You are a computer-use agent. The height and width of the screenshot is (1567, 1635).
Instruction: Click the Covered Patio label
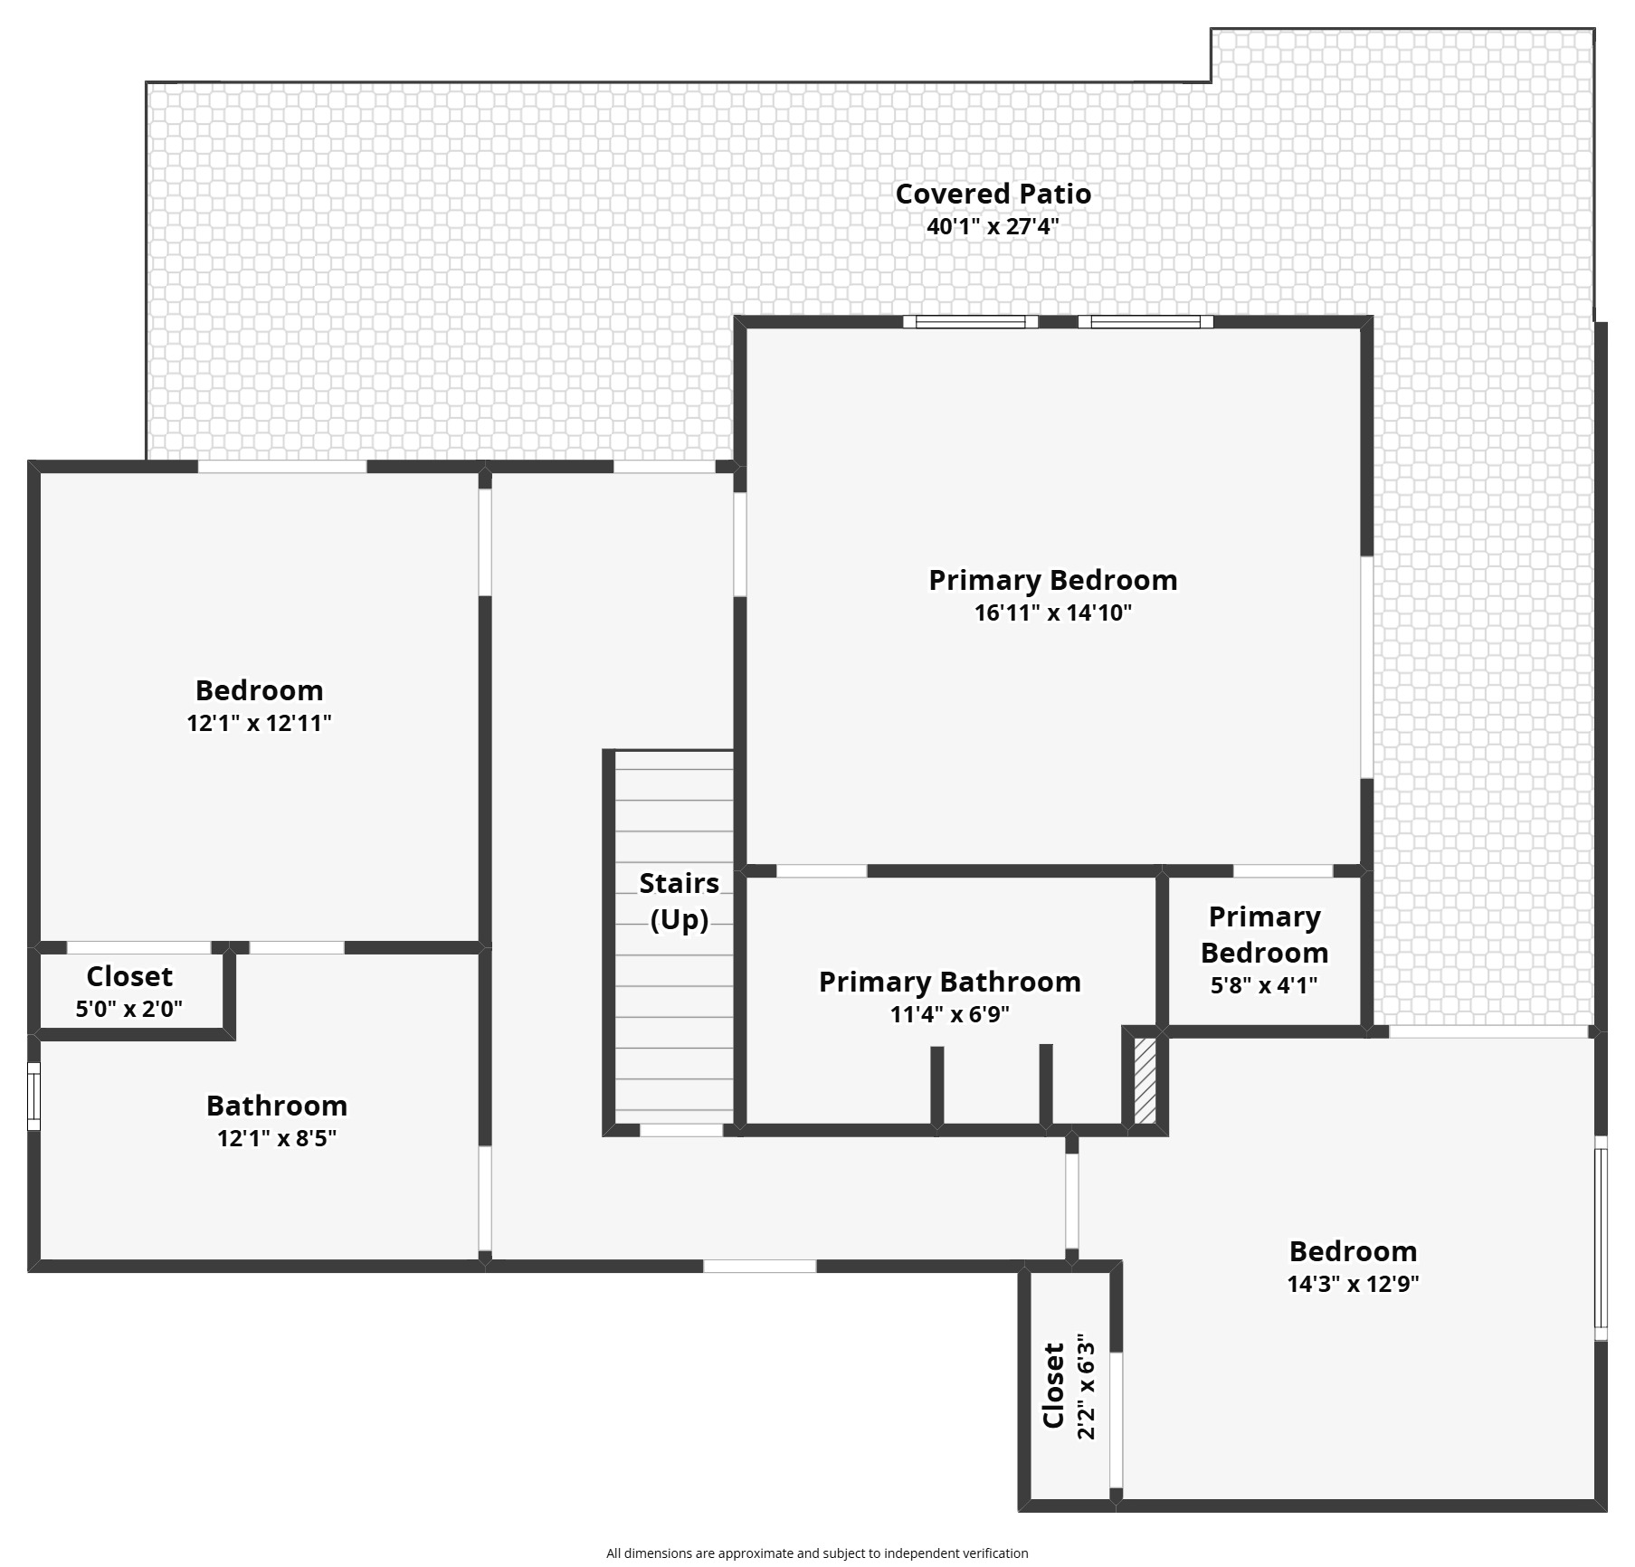click(x=993, y=194)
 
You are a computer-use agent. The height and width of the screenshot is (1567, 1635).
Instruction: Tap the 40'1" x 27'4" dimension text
click(x=993, y=226)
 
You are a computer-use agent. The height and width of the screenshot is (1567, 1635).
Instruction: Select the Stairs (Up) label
click(x=680, y=901)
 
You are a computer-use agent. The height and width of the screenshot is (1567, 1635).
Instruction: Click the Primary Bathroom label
click(x=950, y=982)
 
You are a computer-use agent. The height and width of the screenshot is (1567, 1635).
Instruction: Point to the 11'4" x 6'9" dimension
click(x=950, y=1014)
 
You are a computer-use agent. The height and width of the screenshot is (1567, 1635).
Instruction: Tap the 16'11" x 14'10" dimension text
click(x=1053, y=613)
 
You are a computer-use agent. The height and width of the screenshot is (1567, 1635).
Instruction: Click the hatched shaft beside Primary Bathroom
click(x=1145, y=1080)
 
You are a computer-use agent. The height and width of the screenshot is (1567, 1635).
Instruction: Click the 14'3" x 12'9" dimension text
click(x=1353, y=1284)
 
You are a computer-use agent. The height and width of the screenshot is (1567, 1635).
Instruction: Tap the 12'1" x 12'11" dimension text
click(x=260, y=723)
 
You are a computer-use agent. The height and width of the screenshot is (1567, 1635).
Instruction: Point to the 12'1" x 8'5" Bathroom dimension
click(x=277, y=1138)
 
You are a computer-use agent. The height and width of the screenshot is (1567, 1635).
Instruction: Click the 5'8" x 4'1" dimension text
click(x=1264, y=984)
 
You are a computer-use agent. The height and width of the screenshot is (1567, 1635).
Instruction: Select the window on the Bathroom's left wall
click(x=34, y=1097)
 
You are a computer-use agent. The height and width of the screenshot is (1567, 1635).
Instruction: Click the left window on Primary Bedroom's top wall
click(x=970, y=321)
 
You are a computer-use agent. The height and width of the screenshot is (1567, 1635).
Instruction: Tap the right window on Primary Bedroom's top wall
click(x=1145, y=321)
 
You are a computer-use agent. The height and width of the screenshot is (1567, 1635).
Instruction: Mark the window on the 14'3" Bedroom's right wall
click(x=1601, y=1238)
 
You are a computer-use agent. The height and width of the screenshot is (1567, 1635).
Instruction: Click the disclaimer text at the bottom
click(x=817, y=1553)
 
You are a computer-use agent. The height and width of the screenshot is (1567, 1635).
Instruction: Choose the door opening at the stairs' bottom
click(x=681, y=1129)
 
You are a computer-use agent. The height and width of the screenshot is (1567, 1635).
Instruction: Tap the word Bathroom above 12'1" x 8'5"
click(x=277, y=1106)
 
